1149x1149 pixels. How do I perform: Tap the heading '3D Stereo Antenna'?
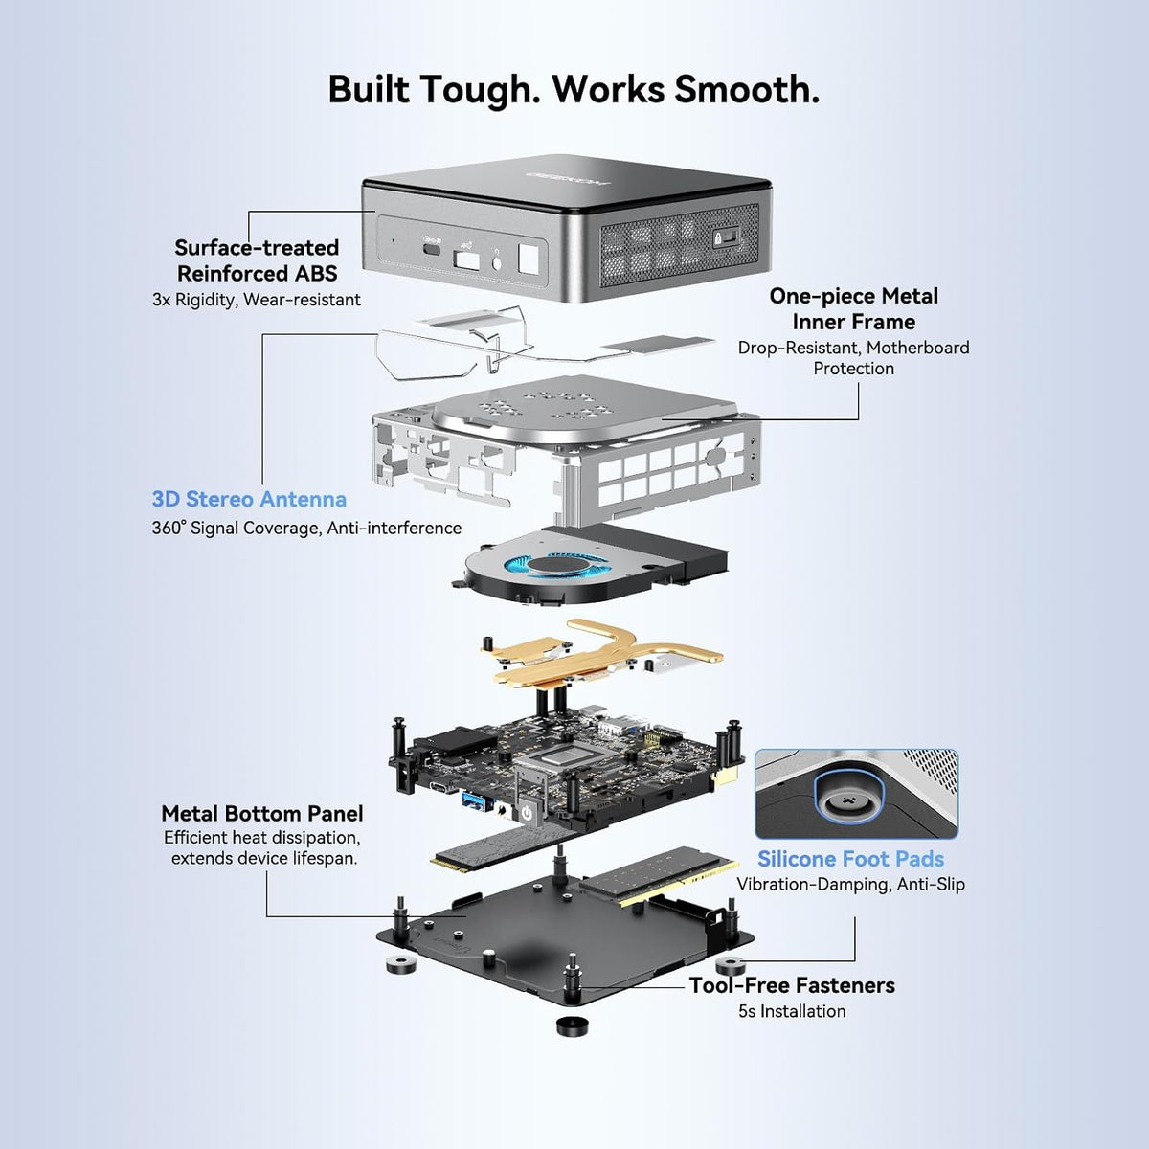tap(249, 499)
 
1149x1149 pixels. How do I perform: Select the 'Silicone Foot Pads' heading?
tap(851, 859)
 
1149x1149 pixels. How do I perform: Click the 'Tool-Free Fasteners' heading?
tap(792, 985)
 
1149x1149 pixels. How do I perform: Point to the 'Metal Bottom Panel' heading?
tap(261, 813)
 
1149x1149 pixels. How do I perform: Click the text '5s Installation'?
tap(792, 1011)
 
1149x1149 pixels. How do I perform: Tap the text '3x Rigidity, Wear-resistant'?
tap(257, 300)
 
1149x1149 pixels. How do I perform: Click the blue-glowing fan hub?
tap(558, 565)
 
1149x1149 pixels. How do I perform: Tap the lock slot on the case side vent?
tap(726, 237)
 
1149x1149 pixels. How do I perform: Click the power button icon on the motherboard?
tap(527, 812)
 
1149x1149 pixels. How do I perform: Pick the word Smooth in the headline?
tap(747, 91)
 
